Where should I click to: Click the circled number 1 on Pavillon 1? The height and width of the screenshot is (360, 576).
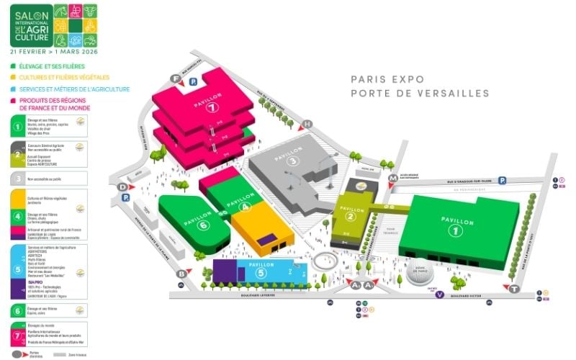454,230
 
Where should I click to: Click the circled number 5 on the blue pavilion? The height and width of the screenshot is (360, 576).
262,274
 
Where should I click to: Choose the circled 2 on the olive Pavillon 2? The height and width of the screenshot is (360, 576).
351,216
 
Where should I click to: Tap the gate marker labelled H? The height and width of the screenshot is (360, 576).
307,124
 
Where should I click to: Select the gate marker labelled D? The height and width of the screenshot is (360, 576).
122,186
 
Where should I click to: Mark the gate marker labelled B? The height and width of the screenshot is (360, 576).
182,274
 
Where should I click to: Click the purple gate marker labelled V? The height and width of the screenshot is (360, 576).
440,294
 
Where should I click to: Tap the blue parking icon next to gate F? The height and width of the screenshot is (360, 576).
193,82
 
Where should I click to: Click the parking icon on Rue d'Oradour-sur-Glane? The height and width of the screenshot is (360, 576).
503,181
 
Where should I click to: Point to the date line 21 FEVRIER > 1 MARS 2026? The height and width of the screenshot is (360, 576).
55,52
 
